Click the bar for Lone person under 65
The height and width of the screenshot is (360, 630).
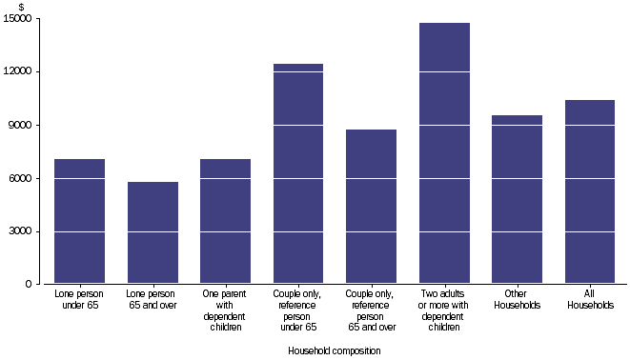[79, 221]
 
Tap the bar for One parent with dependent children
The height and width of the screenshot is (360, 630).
[226, 221]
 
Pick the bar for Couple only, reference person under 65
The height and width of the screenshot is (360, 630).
[298, 173]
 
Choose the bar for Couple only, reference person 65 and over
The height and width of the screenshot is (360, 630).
[372, 207]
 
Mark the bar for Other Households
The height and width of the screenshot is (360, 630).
[518, 199]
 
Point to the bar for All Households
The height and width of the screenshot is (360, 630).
[590, 191]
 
